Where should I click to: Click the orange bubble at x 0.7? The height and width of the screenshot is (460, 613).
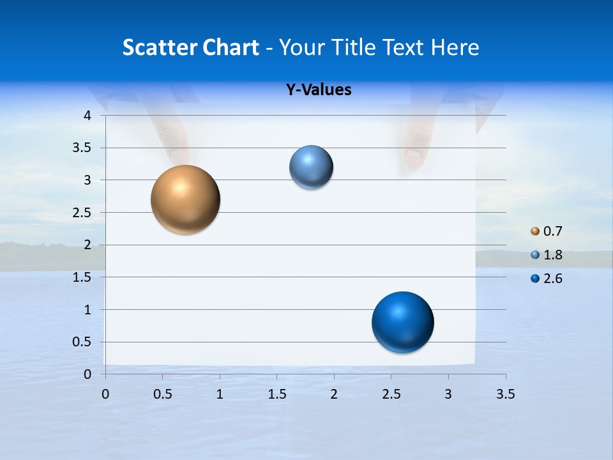click(186, 200)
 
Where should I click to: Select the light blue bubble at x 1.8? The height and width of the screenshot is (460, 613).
click(311, 167)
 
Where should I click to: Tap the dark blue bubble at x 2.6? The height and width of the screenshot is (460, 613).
click(402, 322)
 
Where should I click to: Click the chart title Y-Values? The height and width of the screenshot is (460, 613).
click(319, 90)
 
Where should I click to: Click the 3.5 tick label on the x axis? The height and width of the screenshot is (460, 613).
click(505, 394)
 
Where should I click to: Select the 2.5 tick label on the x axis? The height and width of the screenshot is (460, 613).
click(391, 394)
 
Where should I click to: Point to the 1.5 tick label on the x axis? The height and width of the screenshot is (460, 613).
click(277, 394)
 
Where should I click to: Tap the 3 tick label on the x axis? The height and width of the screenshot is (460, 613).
click(448, 394)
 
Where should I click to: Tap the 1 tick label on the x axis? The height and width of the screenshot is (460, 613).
click(220, 394)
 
